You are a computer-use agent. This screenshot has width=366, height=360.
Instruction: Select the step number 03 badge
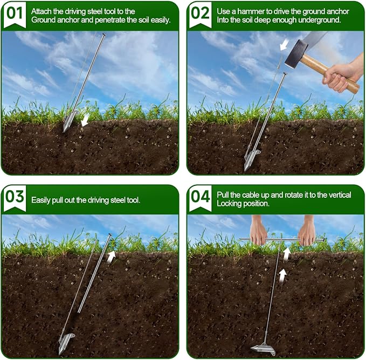pyautogui.click(x=15, y=198)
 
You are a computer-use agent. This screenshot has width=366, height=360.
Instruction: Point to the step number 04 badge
pyautogui.click(x=200, y=198)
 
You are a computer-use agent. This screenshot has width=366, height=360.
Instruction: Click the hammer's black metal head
pyautogui.click(x=296, y=54)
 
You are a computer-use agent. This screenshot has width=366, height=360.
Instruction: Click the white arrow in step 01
pyautogui.click(x=85, y=120)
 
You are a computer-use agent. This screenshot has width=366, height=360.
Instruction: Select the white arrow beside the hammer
pyautogui.click(x=284, y=45)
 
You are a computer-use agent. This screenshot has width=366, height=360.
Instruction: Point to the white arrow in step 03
pyautogui.click(x=112, y=257)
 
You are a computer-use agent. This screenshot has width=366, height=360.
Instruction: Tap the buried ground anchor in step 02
pyautogui.click(x=252, y=160)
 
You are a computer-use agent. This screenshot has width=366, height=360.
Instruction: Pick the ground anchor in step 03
pyautogui.click(x=66, y=343)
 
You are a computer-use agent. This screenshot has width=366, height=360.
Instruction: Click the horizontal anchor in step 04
pyautogui.click(x=263, y=348)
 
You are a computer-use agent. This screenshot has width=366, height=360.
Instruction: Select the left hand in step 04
pyautogui.click(x=258, y=231)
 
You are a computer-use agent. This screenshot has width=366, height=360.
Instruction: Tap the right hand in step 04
pyautogui.click(x=307, y=231)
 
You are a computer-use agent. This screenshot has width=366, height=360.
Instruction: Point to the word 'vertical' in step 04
pyautogui.click(x=340, y=195)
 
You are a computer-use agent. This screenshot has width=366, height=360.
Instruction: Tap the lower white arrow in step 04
pyautogui.click(x=282, y=276)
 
